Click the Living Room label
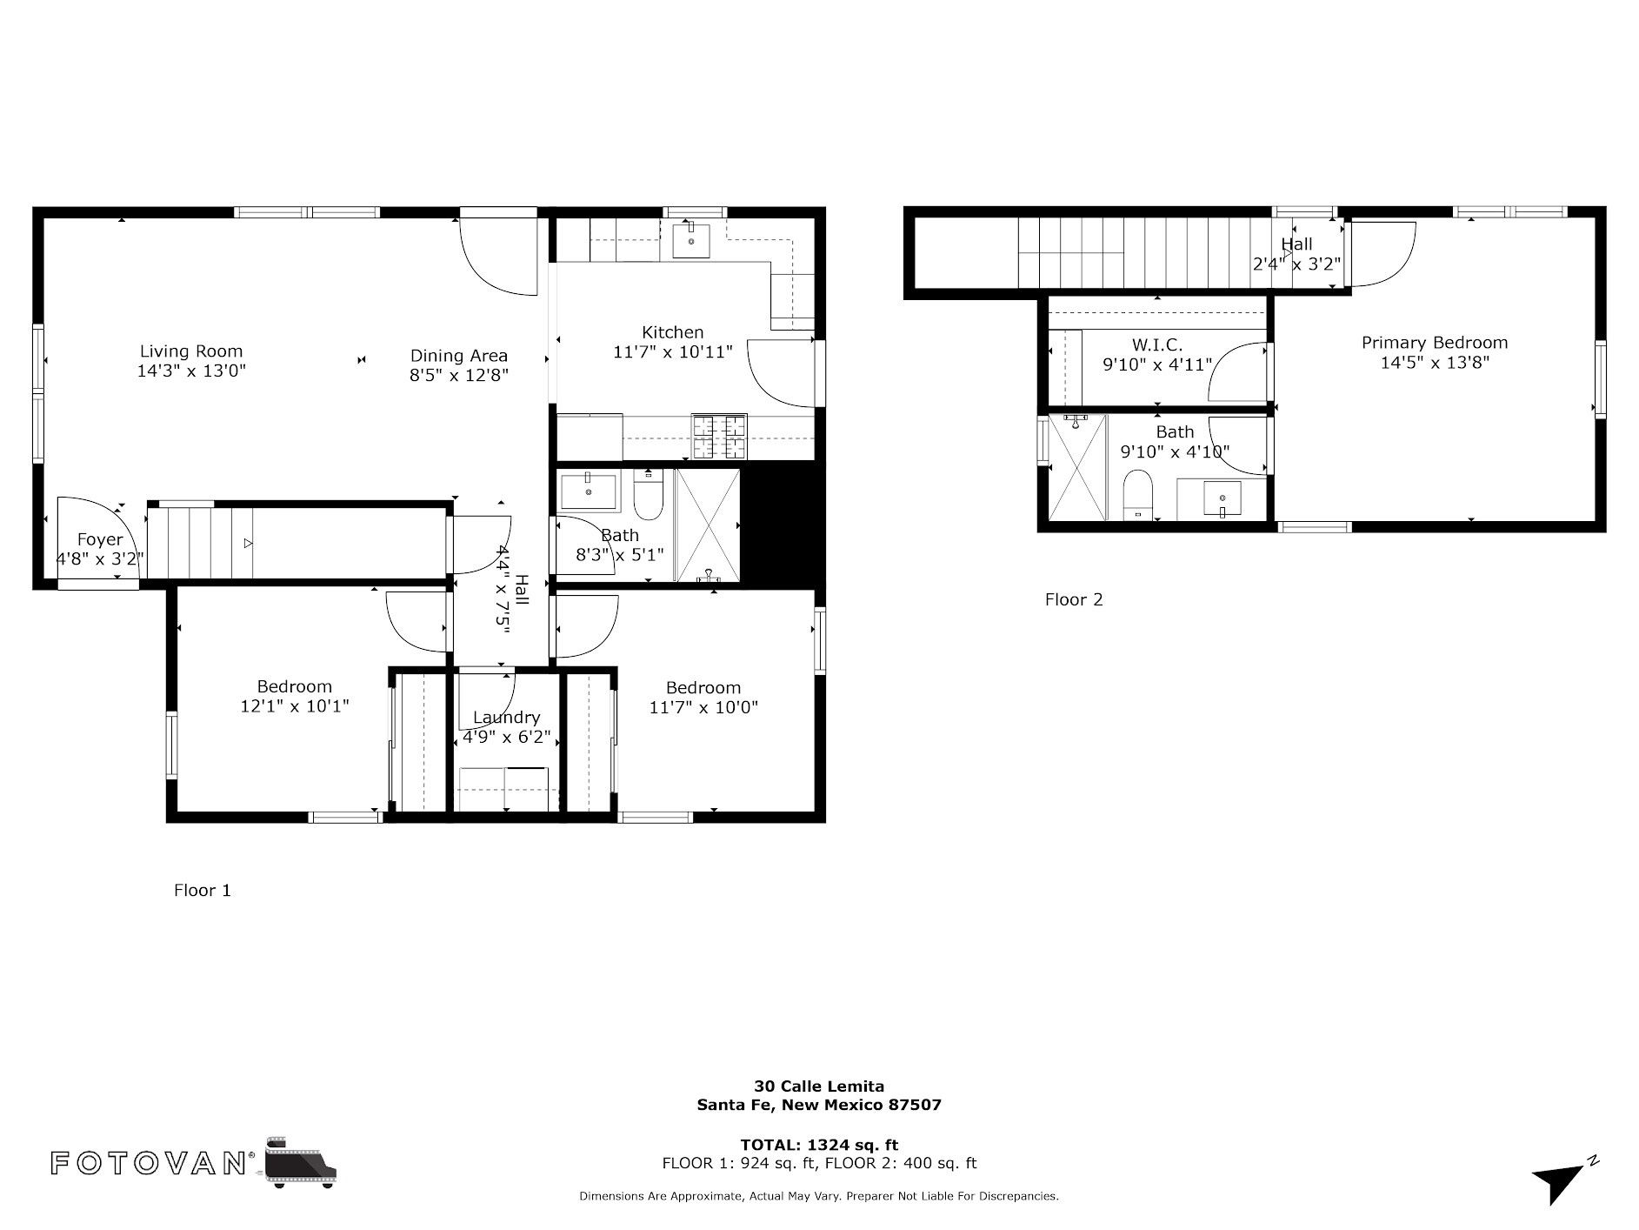tap(191, 351)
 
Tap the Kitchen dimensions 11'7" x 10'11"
tap(673, 351)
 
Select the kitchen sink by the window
tap(691, 241)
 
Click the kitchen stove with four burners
tap(719, 437)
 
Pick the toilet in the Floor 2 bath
tap(1137, 495)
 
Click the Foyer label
tap(100, 539)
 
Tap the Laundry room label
tap(507, 718)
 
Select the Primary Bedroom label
tap(1435, 343)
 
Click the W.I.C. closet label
tap(1157, 344)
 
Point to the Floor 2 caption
tap(1074, 599)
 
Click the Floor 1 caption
tap(203, 890)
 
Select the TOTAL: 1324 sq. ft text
tap(819, 1145)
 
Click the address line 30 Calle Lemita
tap(819, 1086)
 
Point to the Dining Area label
tap(459, 356)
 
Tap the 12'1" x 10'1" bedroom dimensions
tap(295, 706)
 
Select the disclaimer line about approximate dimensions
tap(819, 1196)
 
